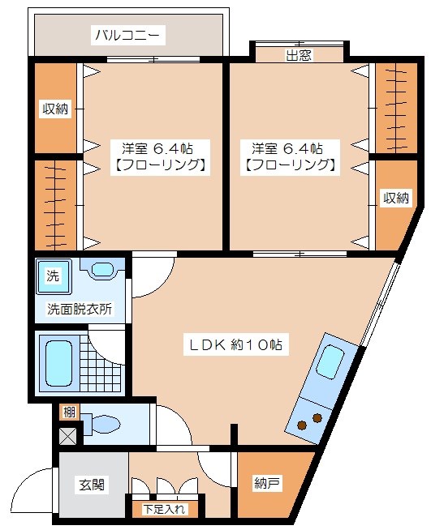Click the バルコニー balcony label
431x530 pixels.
click(x=128, y=35)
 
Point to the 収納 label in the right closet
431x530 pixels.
click(x=396, y=197)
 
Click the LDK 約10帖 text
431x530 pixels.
click(x=235, y=344)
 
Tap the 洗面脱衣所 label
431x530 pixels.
click(x=80, y=309)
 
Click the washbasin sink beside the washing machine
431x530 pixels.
click(x=102, y=269)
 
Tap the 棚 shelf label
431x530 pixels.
click(x=69, y=412)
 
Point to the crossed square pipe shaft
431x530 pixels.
click(x=68, y=435)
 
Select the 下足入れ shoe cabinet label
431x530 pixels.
click(x=165, y=509)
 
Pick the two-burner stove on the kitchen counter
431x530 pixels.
click(x=308, y=421)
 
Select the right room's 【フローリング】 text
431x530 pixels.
click(x=289, y=165)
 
